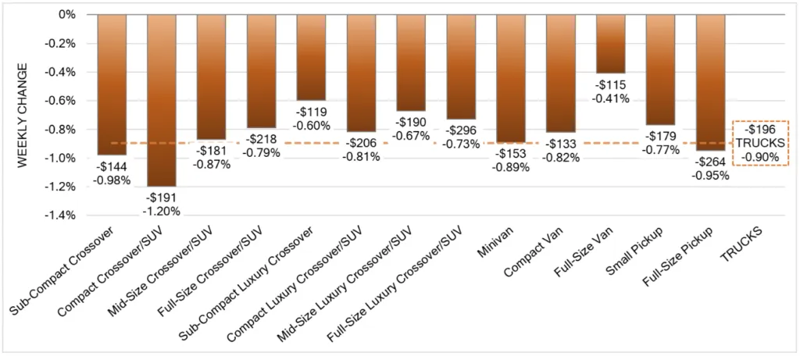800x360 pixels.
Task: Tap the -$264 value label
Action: click(712, 162)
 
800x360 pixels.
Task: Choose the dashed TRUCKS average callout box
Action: click(760, 144)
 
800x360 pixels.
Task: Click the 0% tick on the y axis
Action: click(66, 15)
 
